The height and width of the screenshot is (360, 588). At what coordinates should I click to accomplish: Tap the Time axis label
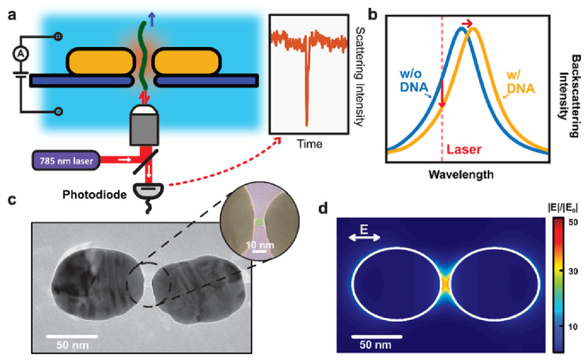click(x=309, y=144)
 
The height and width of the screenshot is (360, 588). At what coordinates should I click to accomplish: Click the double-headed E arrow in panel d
click(x=364, y=239)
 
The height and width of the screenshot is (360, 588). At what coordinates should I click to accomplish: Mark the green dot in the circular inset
click(x=259, y=222)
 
